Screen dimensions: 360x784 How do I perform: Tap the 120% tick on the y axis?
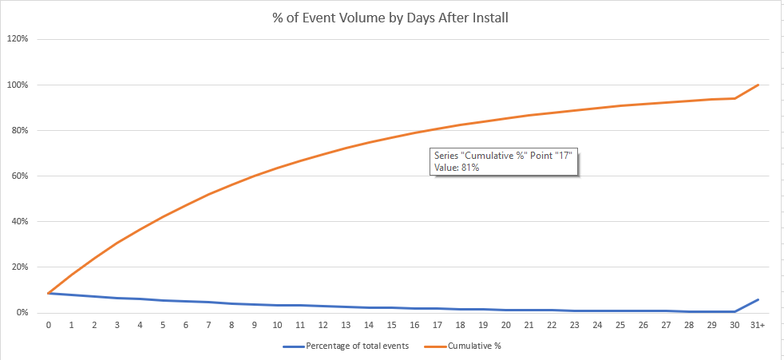[x=18, y=39]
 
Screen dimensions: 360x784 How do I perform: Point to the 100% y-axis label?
[x=18, y=85]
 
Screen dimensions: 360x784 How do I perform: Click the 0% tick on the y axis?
[x=22, y=313]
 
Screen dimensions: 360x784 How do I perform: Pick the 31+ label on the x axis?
[x=757, y=326]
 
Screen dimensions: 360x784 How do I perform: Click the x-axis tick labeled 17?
[x=437, y=326]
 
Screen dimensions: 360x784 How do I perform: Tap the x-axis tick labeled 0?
[x=49, y=326]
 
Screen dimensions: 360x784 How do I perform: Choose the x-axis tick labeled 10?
[x=277, y=326]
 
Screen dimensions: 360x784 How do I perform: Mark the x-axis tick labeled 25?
[x=620, y=326]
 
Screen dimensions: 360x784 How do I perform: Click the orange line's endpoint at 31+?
[x=758, y=85]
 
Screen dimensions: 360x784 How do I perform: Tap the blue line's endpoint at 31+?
[x=758, y=299]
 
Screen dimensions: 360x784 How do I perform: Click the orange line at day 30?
[x=735, y=98]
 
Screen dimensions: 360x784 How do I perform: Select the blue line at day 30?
[x=735, y=311]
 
